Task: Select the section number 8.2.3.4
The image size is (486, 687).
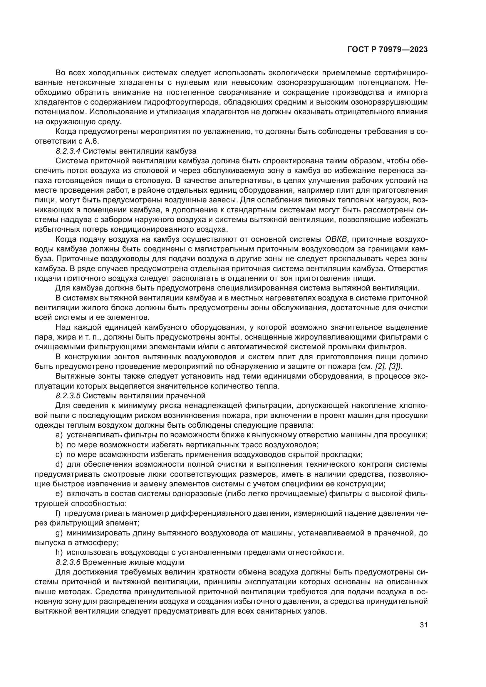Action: coord(68,151)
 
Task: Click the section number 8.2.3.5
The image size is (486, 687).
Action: coord(68,396)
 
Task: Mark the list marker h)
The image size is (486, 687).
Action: coord(59,552)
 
